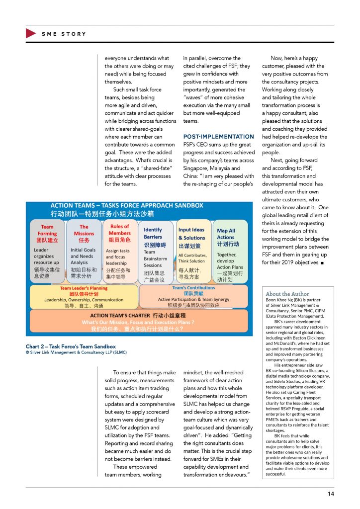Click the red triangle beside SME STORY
click(30, 34)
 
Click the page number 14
click(331, 494)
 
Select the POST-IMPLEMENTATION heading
click(218, 136)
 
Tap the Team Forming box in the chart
click(47, 251)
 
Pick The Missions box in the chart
click(84, 251)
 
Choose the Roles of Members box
click(119, 251)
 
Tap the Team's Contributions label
click(193, 287)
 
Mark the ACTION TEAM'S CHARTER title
click(137, 315)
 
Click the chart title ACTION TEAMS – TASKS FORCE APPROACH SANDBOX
click(127, 205)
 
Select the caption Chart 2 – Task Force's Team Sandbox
click(71, 346)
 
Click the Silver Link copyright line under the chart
click(76, 352)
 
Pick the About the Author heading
click(287, 294)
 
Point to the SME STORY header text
click(64, 34)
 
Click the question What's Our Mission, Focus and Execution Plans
click(137, 322)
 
